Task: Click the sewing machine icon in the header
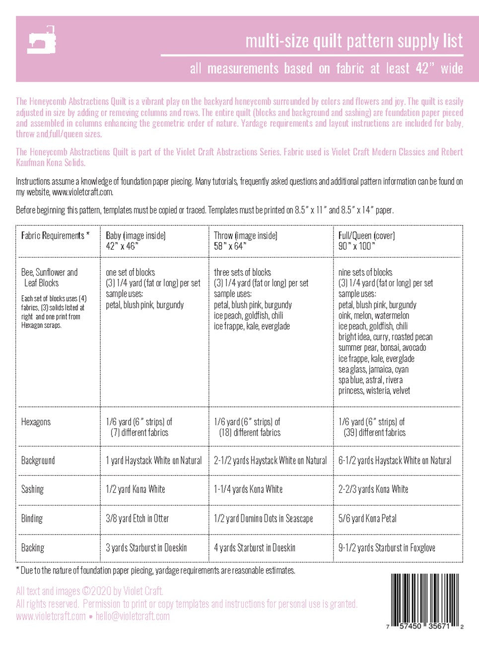pyautogui.click(x=42, y=40)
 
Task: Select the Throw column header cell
pyautogui.click(x=246, y=241)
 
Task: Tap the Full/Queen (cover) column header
pyautogui.click(x=366, y=241)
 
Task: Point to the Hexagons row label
pyautogui.click(x=36, y=422)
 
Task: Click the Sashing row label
pyautogui.click(x=32, y=489)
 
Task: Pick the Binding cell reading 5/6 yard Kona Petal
pyautogui.click(x=367, y=518)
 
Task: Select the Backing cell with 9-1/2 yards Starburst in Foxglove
pyautogui.click(x=387, y=548)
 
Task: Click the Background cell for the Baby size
pyautogui.click(x=154, y=460)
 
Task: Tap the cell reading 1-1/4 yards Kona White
pyautogui.click(x=248, y=489)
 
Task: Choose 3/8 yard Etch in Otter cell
pyautogui.click(x=137, y=518)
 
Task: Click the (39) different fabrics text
pyautogui.click(x=375, y=433)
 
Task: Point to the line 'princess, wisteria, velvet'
pyautogui.click(x=374, y=390)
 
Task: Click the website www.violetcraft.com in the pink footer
pyautogui.click(x=51, y=616)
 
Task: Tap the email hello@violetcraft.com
pyautogui.click(x=133, y=616)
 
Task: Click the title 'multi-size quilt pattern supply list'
pyautogui.click(x=354, y=41)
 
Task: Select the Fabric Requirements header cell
pyautogui.click(x=55, y=236)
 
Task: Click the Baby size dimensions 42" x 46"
pyautogui.click(x=122, y=246)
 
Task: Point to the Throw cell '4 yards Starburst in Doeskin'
pyautogui.click(x=255, y=548)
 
